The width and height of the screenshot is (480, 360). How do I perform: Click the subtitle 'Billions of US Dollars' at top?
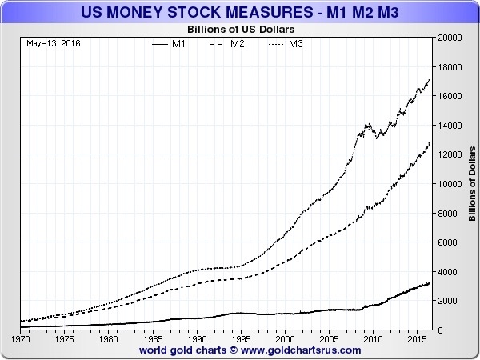click(x=240, y=29)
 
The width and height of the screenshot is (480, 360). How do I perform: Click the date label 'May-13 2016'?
click(x=48, y=42)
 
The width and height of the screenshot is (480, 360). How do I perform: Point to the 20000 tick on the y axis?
click(x=447, y=38)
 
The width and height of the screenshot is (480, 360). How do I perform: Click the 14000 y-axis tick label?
click(x=447, y=126)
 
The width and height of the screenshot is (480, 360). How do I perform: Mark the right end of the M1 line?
click(x=430, y=283)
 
